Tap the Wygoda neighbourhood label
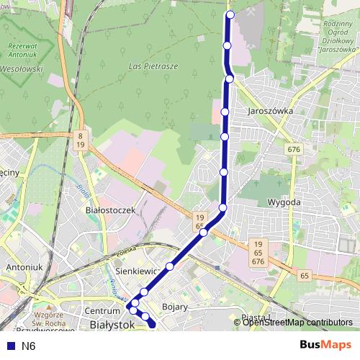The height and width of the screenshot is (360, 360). pos(283,202)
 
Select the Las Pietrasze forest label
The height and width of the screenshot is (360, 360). pos(153,66)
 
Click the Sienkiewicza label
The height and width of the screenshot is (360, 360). pos(137,270)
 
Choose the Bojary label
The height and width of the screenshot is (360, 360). pos(175,307)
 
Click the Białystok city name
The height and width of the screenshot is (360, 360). pos(114,325)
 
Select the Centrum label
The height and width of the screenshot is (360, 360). pos(101,310)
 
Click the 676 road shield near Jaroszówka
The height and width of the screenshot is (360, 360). pos(293,149)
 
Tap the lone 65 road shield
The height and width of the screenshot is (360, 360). pos(305,276)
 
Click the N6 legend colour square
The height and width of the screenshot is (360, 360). pos(8,346)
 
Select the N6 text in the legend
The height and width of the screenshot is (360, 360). pos(29,346)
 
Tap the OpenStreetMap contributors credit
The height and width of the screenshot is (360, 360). pos(297,323)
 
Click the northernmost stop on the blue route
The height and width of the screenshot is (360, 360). pos(230,14)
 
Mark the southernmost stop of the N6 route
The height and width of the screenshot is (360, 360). pos(152,325)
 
